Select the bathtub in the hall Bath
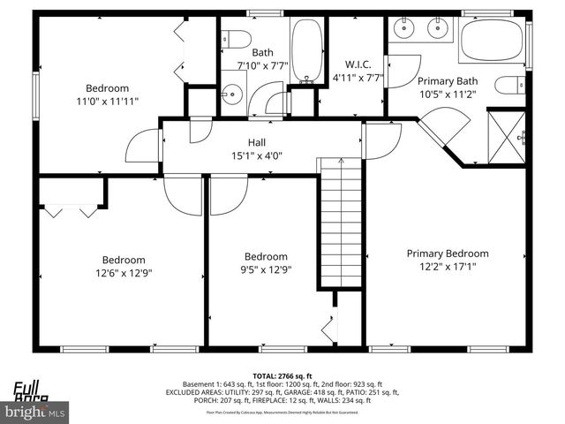coord(306,50)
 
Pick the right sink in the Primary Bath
coord(439,28)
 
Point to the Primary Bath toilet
coord(509,86)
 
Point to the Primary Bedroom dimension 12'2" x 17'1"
coord(447,266)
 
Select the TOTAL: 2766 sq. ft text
coord(282,375)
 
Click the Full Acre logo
coord(30,390)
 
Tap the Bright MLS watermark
coord(35,412)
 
